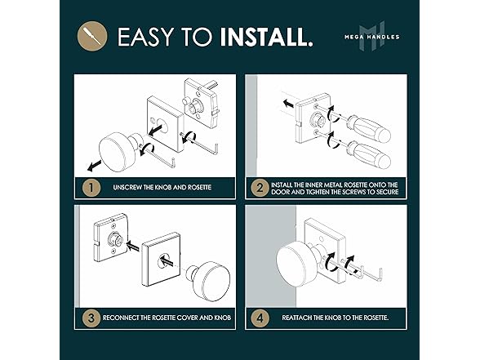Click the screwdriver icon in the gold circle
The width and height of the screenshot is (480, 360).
click(x=92, y=36)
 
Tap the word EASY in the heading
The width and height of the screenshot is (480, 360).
click(x=145, y=37)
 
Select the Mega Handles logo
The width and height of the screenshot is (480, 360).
click(x=372, y=36)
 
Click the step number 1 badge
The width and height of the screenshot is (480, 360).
click(x=91, y=188)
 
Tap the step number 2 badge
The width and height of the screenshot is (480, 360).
click(x=260, y=188)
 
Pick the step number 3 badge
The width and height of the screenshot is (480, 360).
click(x=91, y=318)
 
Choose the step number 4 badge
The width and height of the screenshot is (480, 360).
click(x=260, y=318)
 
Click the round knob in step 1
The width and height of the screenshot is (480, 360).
click(x=118, y=151)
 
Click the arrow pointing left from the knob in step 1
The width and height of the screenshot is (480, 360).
click(x=95, y=166)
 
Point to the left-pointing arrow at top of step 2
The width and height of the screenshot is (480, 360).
click(x=287, y=104)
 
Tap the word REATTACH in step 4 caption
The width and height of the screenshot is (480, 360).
click(x=296, y=318)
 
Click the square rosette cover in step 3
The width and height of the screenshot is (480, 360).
click(x=161, y=260)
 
